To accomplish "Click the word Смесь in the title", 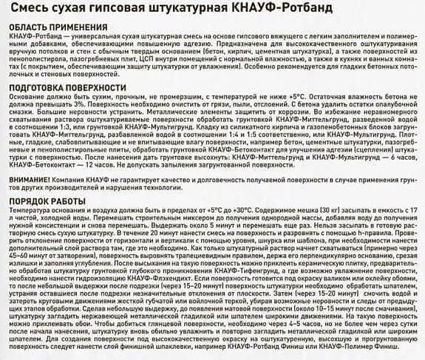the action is (x=28, y=10).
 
